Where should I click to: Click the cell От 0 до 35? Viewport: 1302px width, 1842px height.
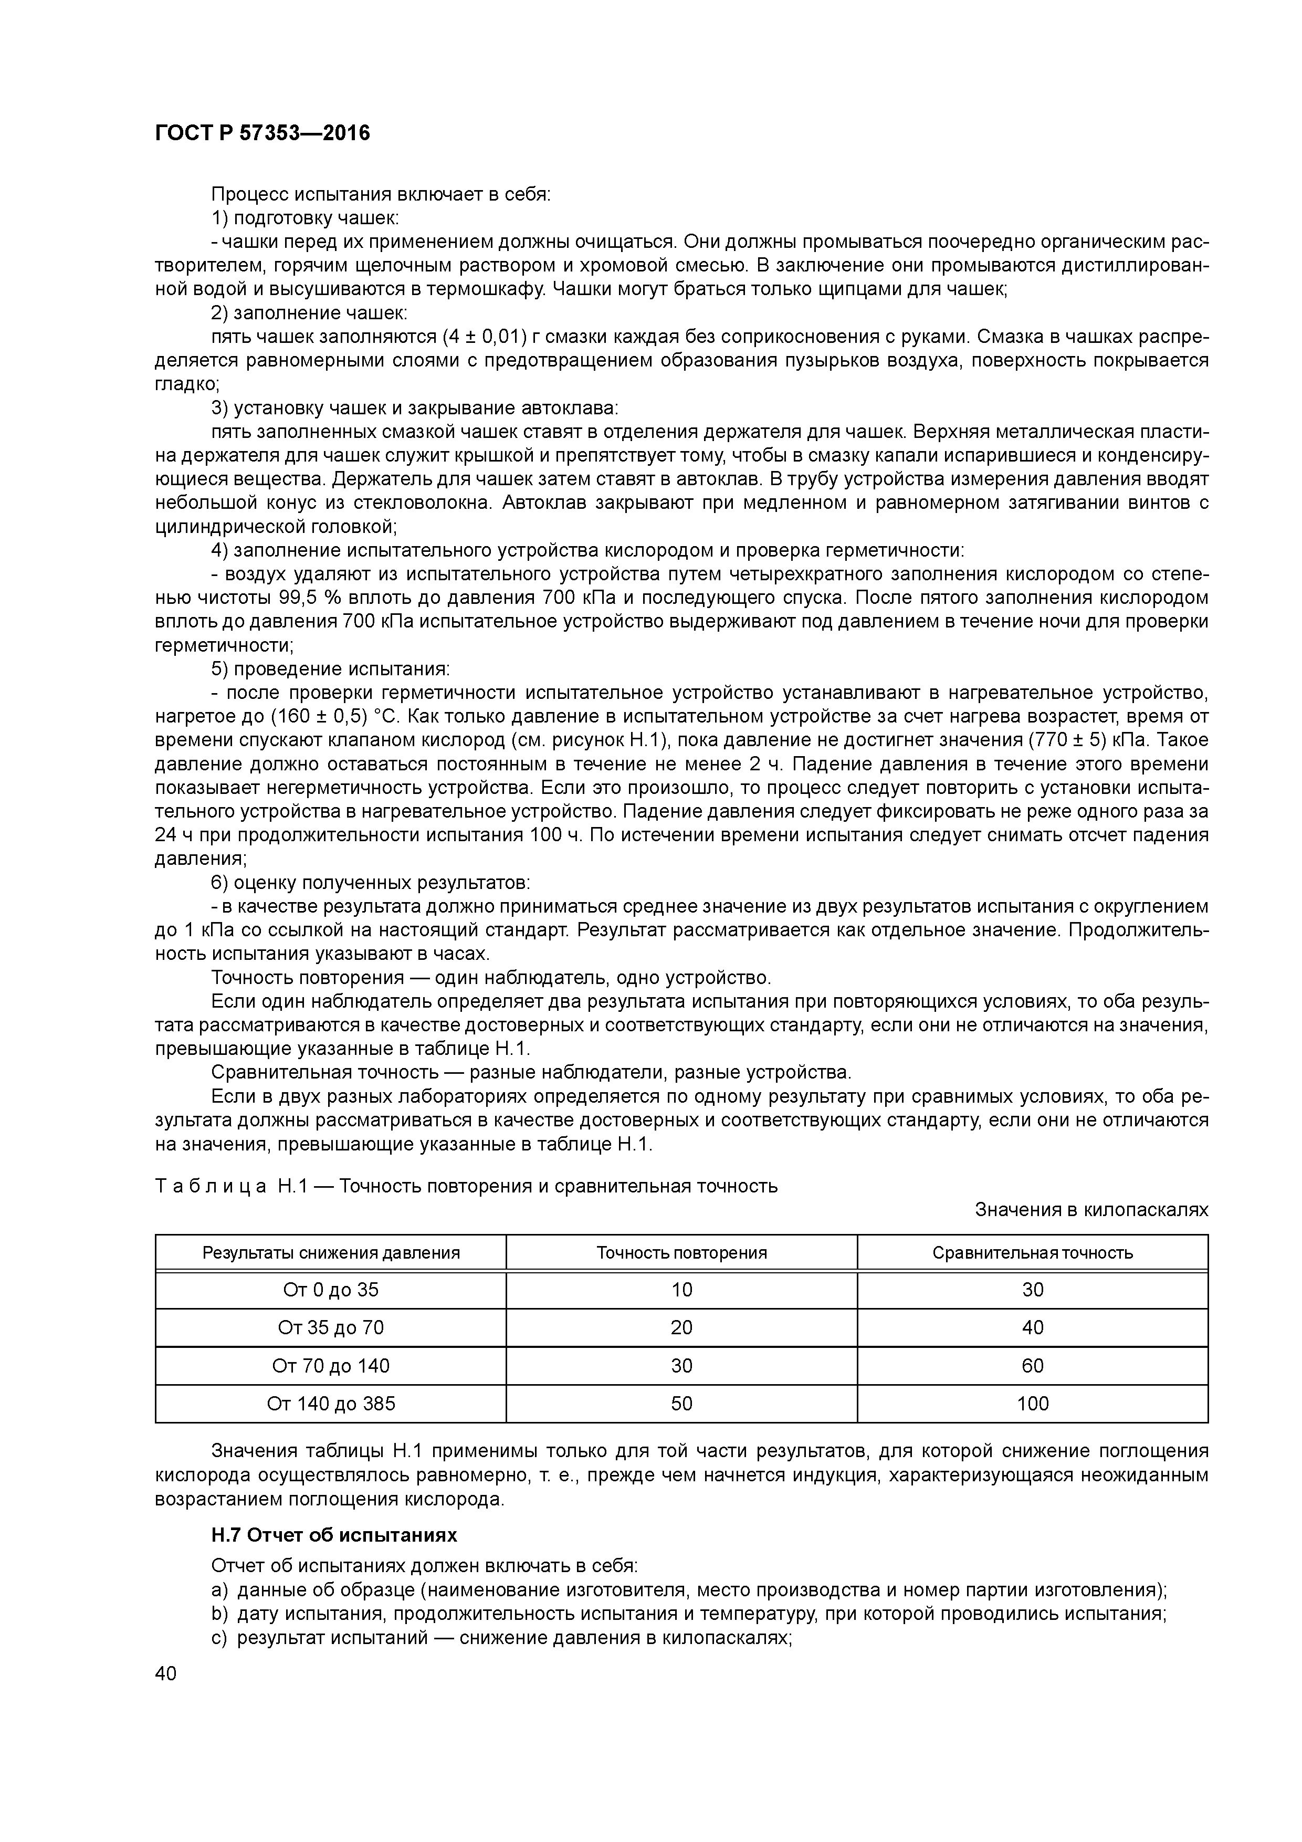click(x=331, y=1290)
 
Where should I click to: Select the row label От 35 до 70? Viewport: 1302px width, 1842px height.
click(x=331, y=1328)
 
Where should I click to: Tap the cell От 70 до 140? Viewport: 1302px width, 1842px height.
click(x=331, y=1365)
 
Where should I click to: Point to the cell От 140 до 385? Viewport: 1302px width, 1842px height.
click(x=331, y=1403)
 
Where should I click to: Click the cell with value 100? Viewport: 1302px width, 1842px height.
click(x=1033, y=1403)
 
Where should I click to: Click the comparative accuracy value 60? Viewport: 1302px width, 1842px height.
click(x=1033, y=1365)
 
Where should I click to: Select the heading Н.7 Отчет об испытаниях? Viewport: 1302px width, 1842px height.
click(x=334, y=1535)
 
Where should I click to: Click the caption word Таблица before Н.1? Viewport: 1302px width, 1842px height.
click(x=210, y=1186)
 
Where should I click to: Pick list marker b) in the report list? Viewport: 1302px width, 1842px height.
click(x=220, y=1614)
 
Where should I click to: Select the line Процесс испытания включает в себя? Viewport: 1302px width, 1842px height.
click(x=380, y=194)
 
